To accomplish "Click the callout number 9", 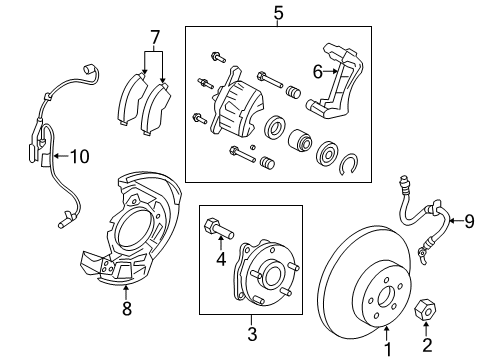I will pyautogui.click(x=469, y=220).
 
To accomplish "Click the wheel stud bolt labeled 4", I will pyautogui.click(x=215, y=229).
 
